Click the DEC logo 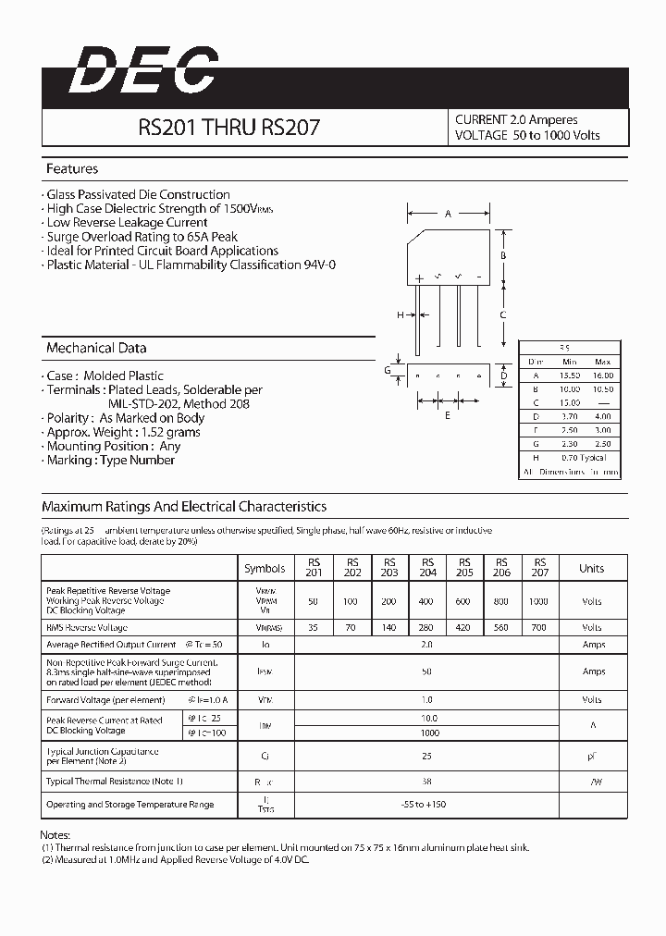(142, 72)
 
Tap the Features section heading (72, 169)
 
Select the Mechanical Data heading (96, 349)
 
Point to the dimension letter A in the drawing (448, 214)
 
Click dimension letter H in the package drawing (401, 315)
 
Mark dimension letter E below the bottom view (448, 415)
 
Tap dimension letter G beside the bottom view (388, 370)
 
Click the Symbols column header (265, 568)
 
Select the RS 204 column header (427, 567)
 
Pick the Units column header (591, 568)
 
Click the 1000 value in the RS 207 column (539, 601)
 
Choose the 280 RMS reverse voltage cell (427, 626)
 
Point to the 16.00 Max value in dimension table (602, 376)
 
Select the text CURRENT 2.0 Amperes (516, 119)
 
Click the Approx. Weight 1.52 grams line (125, 432)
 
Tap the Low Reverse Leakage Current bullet (127, 223)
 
